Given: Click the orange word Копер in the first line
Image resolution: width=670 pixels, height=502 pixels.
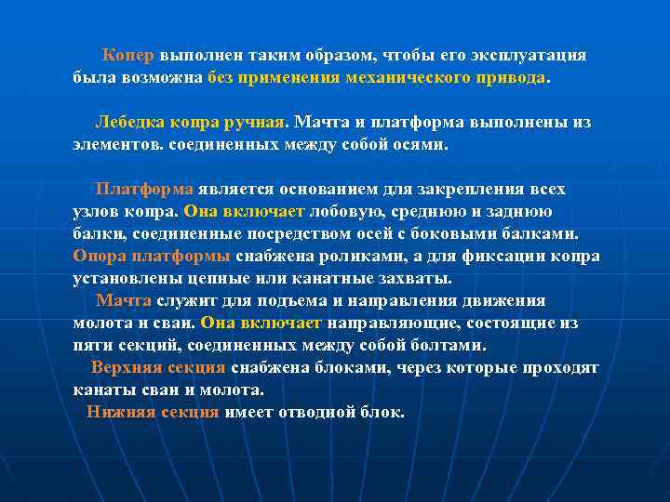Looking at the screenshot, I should click(x=128, y=56).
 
